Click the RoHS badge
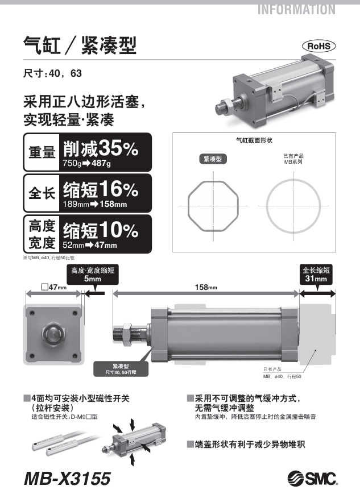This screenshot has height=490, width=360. [318, 46]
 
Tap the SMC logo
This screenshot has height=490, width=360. [312, 478]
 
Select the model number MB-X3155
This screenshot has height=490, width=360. [67, 479]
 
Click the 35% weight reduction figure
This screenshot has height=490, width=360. [118, 148]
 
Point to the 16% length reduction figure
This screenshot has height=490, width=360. [118, 189]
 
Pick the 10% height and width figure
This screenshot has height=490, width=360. [118, 230]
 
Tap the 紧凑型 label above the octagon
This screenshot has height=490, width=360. [213, 159]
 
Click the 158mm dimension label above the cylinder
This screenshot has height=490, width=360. [206, 287]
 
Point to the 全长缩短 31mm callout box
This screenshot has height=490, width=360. [316, 275]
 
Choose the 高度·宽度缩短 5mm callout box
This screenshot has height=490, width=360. [93, 275]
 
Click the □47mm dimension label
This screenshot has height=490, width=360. [54, 287]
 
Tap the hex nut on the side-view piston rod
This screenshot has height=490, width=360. [127, 334]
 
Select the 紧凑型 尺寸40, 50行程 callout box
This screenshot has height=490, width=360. [121, 369]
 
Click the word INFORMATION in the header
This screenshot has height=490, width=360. [296, 10]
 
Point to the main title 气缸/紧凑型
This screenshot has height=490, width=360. [80, 45]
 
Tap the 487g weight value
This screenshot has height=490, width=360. [101, 163]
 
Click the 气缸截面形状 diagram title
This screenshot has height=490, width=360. [254, 140]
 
